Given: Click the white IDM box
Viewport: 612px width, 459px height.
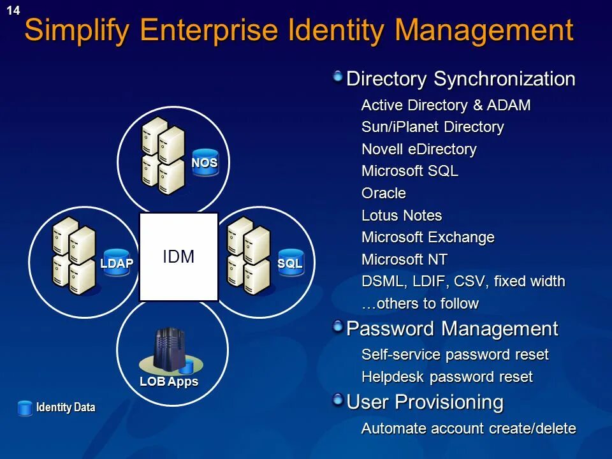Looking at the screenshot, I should click(x=178, y=257).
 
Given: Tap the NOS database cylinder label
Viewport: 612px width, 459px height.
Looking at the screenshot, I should click(x=205, y=163).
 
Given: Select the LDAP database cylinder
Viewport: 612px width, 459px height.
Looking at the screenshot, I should click(x=117, y=263).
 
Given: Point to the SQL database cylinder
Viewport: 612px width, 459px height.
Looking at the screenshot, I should click(x=289, y=263).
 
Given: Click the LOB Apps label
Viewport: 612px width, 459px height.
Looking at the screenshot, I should click(x=169, y=382).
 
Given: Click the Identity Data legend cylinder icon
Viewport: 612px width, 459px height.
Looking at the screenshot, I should click(x=25, y=408).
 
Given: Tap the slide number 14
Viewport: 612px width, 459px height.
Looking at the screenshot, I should click(x=13, y=10).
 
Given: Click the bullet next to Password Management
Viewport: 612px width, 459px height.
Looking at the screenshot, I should click(x=337, y=327).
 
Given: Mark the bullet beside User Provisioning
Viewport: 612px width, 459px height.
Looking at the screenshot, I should click(x=337, y=400).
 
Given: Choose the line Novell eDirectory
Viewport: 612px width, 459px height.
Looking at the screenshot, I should click(x=419, y=149).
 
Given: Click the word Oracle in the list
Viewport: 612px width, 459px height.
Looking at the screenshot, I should click(x=383, y=193).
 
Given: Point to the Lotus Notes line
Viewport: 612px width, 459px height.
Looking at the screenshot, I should click(x=402, y=215).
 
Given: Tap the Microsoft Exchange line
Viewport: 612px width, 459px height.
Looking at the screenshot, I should click(x=428, y=237).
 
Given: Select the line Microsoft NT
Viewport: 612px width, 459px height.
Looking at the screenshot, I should click(x=404, y=259).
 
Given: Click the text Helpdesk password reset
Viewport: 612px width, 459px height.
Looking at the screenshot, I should click(x=446, y=377).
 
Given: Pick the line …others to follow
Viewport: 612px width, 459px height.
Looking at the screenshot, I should click(x=419, y=303).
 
